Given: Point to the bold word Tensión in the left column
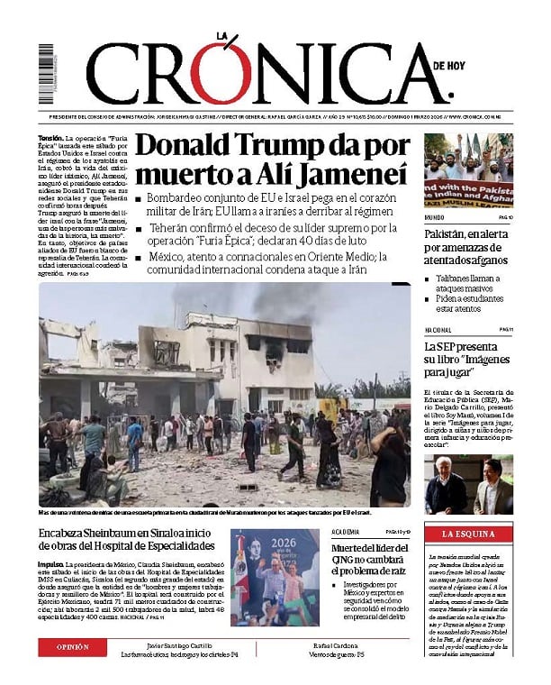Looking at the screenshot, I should pyautogui.click(x=50, y=139).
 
